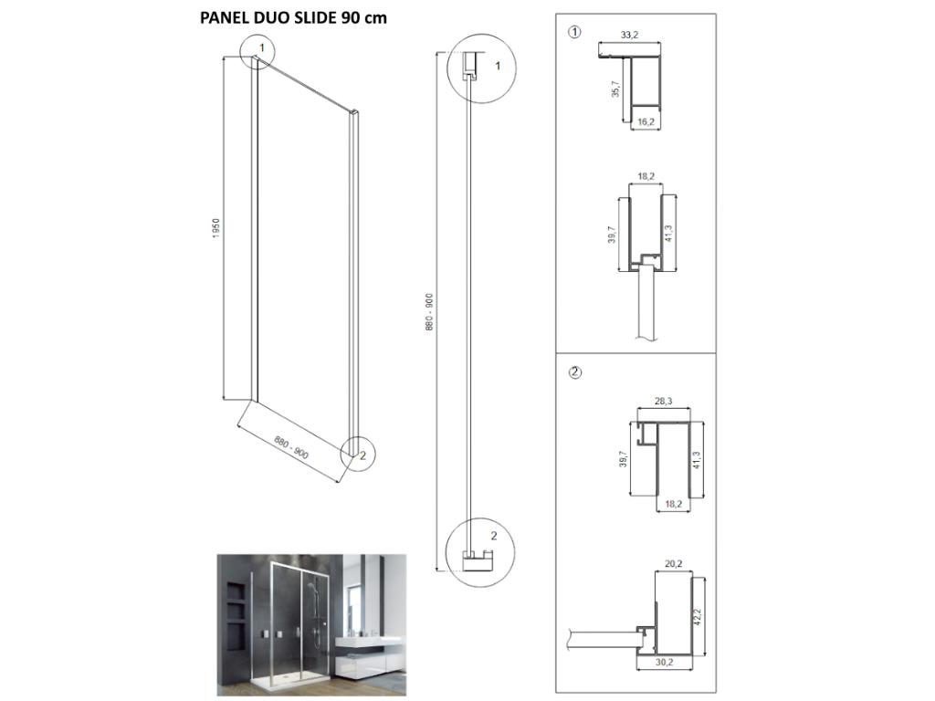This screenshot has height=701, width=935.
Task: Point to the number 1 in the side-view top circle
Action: coord(498,66)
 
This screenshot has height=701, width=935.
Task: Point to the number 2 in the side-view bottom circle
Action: coord(494,536)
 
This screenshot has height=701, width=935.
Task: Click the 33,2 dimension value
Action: coord(628,35)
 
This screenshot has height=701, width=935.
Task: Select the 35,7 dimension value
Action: coord(615,89)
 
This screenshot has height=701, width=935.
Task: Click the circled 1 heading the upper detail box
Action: coord(574,32)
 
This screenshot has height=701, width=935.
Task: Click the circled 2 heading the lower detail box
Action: coord(574,371)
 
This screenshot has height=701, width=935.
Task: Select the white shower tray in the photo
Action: coord(274,681)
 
